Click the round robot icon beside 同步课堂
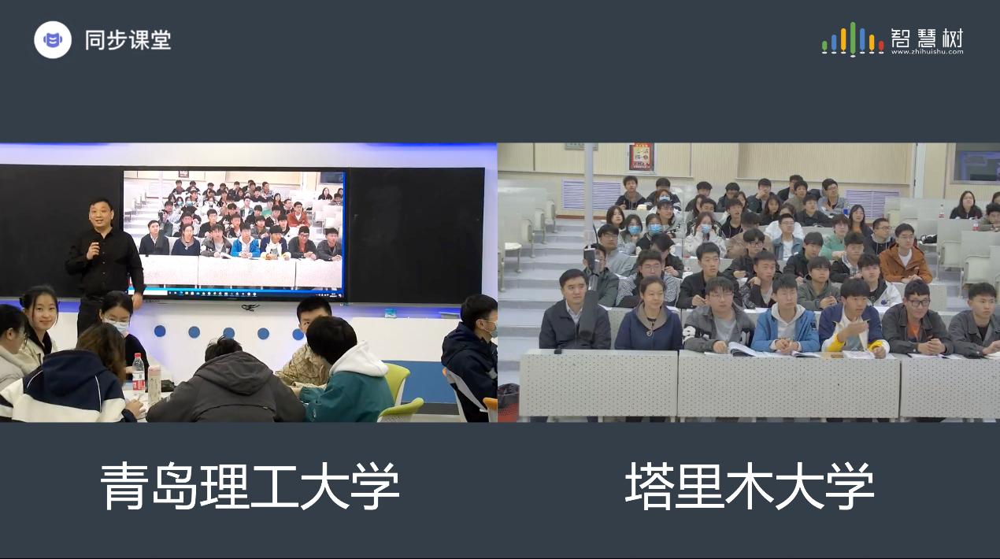[x=53, y=39]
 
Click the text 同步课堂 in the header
[x=128, y=39]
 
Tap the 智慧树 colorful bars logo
[x=853, y=39]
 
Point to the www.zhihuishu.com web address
[x=928, y=52]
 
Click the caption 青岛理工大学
[x=250, y=486]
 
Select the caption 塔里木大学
[x=750, y=486]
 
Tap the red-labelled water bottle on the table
[x=139, y=372]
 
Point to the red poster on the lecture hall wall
[x=642, y=157]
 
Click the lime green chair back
[x=397, y=379]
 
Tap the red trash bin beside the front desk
[x=508, y=402]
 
